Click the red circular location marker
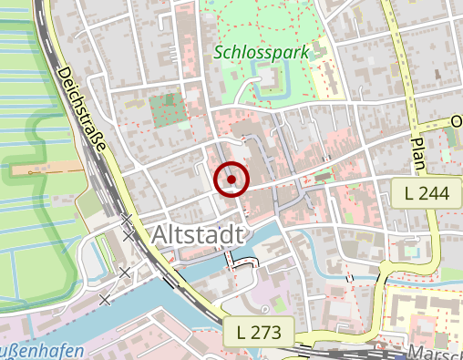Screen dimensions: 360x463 (231, 179)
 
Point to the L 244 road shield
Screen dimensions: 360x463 (425, 190)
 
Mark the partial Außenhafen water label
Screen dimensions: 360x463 (42, 351)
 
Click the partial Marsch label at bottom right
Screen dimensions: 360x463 (436, 353)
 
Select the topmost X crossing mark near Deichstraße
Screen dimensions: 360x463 (128, 220)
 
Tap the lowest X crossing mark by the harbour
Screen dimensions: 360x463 (106, 299)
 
